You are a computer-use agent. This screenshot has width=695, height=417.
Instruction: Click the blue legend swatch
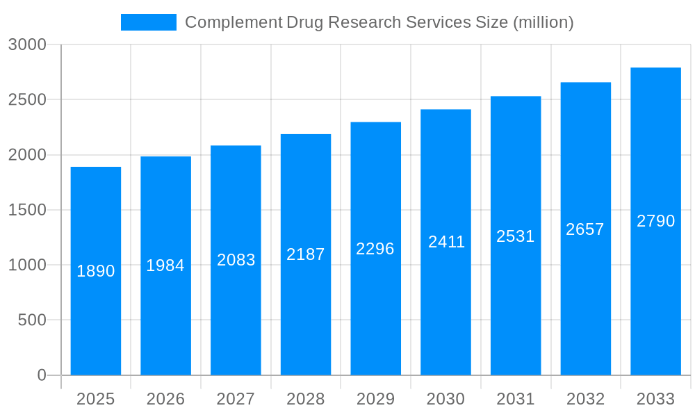[x=148, y=22]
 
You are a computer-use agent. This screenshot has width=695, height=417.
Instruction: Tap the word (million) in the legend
[x=542, y=22]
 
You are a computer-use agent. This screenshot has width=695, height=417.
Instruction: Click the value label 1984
[x=165, y=265]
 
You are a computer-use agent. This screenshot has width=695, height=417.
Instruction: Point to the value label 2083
[x=236, y=260]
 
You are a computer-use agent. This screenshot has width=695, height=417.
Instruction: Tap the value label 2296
[x=375, y=249]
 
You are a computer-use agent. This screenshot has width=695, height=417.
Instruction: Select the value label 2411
[x=446, y=242]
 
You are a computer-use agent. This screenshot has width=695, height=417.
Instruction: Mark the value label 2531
[x=516, y=236]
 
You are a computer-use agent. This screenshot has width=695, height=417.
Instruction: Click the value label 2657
[x=585, y=229]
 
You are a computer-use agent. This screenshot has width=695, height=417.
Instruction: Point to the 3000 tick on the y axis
[x=27, y=45]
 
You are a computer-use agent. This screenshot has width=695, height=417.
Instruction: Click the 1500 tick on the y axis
[x=27, y=210]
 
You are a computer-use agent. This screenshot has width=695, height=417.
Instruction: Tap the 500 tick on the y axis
[x=32, y=320]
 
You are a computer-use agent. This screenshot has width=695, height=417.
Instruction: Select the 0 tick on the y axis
[x=41, y=375]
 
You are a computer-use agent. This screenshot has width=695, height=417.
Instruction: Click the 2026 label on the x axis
[x=165, y=399]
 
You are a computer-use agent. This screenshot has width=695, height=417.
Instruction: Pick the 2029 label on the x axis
[x=375, y=399]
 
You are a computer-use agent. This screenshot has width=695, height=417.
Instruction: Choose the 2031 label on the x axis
[x=516, y=399]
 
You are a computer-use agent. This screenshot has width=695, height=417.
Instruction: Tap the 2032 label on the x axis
[x=585, y=399]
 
